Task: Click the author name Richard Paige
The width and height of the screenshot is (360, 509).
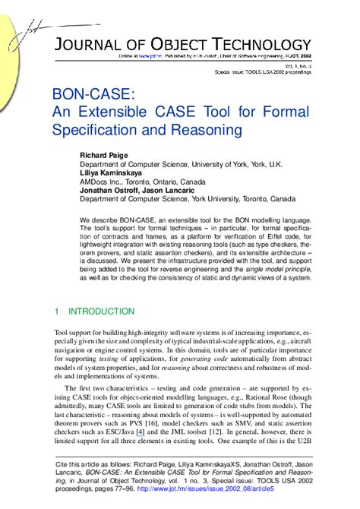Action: [x=105, y=155]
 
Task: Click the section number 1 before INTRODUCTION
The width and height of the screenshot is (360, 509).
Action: [x=57, y=311]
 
